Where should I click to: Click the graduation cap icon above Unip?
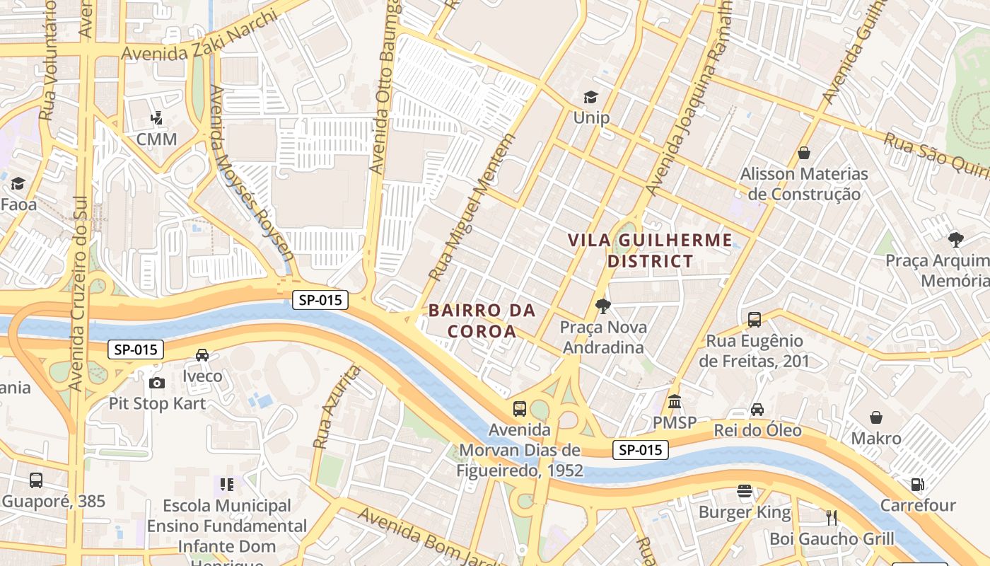[590, 98]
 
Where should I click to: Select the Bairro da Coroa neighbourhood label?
[482, 320]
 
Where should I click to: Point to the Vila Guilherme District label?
[650, 250]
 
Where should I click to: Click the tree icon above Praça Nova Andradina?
[602, 306]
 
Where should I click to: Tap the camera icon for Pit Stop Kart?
[156, 383]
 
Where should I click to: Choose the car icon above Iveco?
[202, 355]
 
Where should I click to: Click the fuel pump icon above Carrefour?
[917, 485]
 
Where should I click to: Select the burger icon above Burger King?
[744, 491]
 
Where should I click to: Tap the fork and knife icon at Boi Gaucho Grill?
[832, 518]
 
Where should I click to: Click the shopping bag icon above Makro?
[876, 417]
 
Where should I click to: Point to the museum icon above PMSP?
[674, 402]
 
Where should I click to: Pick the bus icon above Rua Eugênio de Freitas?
[755, 319]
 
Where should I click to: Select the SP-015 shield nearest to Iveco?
[136, 350]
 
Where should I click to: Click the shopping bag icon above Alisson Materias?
[804, 153]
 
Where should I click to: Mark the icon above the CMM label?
[156, 118]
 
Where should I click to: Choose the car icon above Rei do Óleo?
[757, 410]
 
